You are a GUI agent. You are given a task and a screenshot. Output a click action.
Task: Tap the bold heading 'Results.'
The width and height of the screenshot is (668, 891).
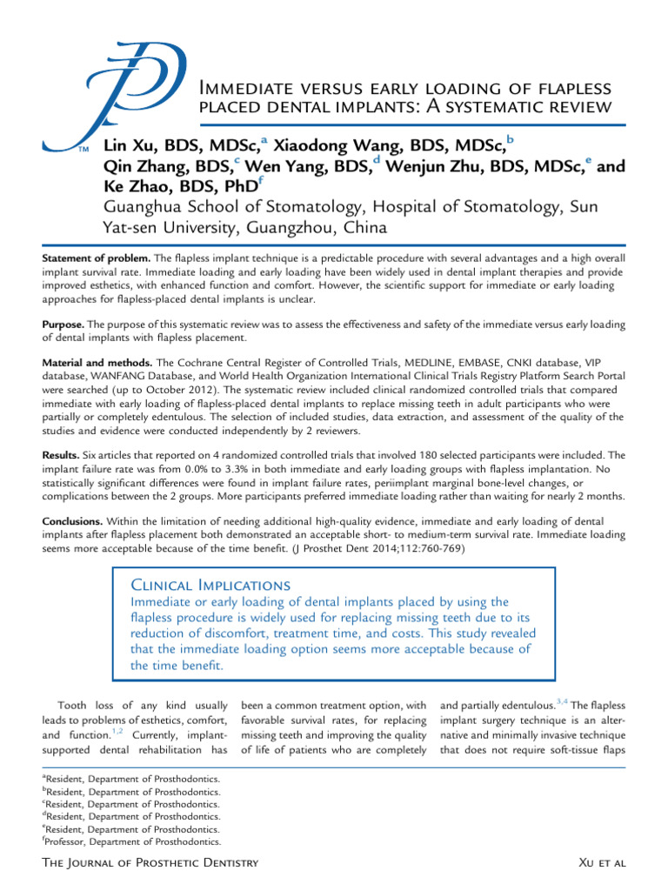click(62, 454)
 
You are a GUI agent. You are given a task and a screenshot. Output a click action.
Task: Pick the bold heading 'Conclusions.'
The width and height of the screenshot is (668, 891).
click(74, 519)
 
